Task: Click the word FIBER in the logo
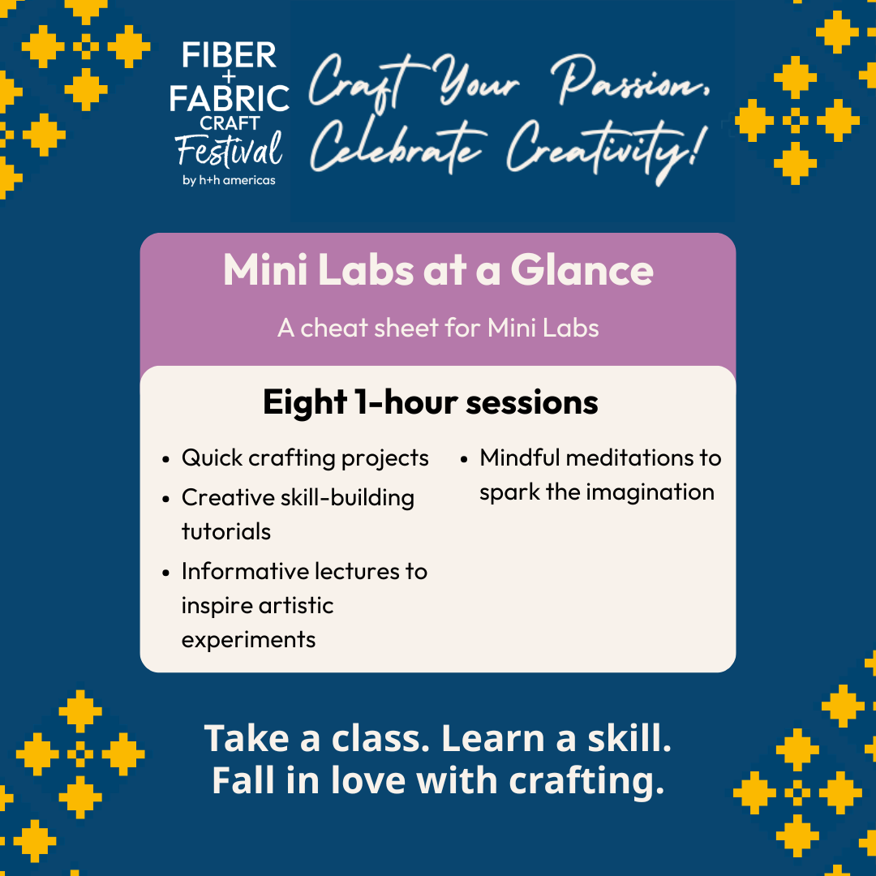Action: pos(229,55)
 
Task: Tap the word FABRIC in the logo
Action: pos(229,98)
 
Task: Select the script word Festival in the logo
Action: pos(229,150)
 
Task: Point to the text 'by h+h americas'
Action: pos(229,180)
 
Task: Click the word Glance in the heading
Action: pos(582,270)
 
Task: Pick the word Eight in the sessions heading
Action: pos(305,403)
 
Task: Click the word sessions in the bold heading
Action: pos(532,402)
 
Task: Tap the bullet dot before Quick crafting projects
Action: pos(166,460)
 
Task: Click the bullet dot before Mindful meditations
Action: pos(464,460)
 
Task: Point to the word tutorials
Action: pos(226,532)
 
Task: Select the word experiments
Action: pos(249,640)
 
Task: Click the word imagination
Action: pos(651,493)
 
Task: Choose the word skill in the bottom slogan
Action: pos(629,739)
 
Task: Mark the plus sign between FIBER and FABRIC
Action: pos(229,76)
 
